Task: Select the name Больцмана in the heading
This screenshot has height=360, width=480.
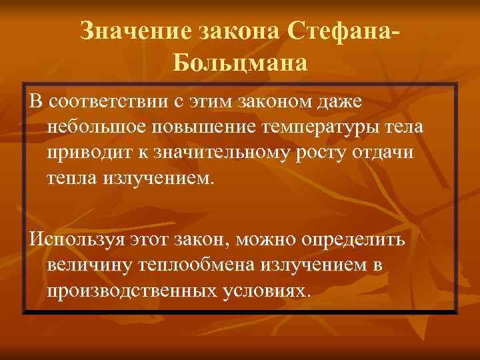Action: (241, 63)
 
